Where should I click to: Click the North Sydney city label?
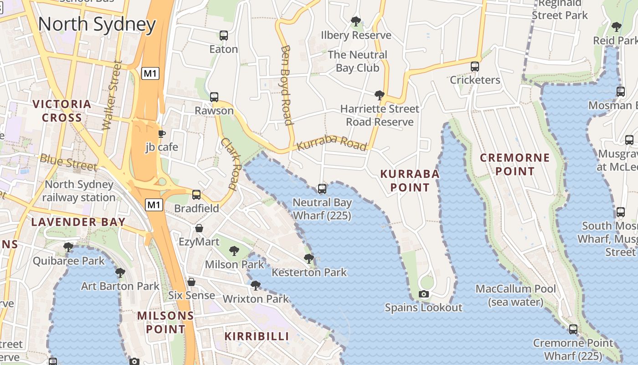[97, 24]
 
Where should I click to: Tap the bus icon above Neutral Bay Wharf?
[322, 188]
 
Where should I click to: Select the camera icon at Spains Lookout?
[424, 294]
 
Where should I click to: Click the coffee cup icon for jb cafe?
[161, 134]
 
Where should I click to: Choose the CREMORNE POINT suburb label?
[515, 165]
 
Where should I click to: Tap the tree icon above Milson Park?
[234, 250]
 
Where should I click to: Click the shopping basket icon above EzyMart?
[199, 228]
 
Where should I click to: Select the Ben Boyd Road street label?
[286, 84]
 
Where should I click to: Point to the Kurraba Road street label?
[332, 142]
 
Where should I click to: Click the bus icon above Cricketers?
[475, 67]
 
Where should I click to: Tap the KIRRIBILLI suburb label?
[257, 336]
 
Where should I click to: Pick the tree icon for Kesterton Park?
[309, 259]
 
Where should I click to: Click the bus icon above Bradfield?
[196, 195]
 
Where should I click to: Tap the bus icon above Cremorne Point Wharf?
[573, 329]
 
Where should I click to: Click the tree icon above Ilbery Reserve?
[356, 21]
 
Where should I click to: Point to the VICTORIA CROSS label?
[62, 111]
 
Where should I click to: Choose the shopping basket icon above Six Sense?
[191, 282]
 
